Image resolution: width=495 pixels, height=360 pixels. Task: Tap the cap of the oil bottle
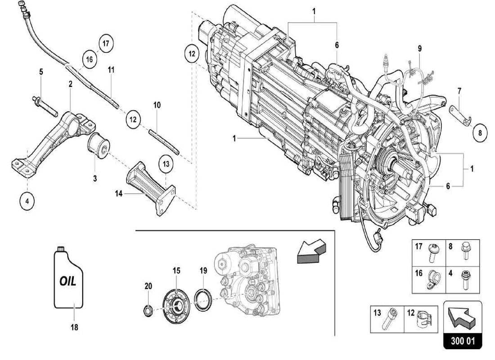[61, 248]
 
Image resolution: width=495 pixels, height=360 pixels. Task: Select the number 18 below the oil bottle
[74, 328]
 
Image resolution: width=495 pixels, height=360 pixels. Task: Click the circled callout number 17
[105, 44]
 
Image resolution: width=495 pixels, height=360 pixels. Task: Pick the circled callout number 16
[90, 59]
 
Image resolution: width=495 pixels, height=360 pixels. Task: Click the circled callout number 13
[166, 164]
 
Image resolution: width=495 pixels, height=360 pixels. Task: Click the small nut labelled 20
[147, 309]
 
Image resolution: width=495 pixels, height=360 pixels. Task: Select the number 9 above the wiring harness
[419, 48]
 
